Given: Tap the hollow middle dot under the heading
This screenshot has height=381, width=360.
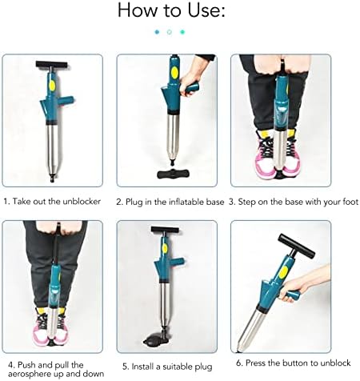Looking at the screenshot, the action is tap(170, 32).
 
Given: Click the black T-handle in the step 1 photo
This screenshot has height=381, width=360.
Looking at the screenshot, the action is tap(52, 64).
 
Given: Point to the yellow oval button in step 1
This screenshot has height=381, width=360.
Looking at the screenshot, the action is tap(52, 85).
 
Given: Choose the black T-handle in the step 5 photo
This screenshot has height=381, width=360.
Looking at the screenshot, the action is tap(165, 230).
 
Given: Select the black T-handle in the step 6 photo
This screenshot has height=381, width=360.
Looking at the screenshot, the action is tap(296, 246).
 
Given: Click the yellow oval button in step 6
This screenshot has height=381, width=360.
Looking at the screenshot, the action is tap(283, 271).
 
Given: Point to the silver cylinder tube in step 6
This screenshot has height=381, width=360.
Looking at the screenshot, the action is tap(250, 329).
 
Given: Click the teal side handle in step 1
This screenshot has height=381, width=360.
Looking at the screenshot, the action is tap(66, 101).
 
